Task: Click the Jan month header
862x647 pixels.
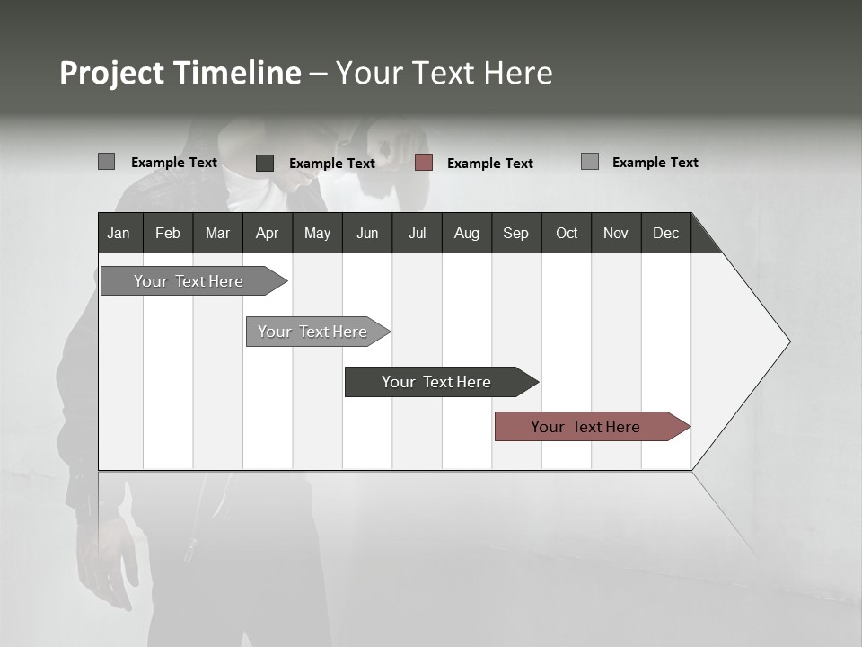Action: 119,233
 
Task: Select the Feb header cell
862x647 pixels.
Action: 168,233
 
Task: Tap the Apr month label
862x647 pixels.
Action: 267,233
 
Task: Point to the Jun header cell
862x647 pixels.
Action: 367,233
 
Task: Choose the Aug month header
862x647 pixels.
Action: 466,233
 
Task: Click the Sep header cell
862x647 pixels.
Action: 516,233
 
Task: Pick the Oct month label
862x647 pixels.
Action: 567,233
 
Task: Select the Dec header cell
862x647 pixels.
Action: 665,233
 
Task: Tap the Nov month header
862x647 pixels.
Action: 616,233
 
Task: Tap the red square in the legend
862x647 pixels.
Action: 424,163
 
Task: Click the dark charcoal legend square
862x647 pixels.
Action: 265,163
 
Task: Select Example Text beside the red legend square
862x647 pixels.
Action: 489,164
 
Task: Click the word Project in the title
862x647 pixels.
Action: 113,73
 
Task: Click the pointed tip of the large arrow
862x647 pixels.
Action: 787,341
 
